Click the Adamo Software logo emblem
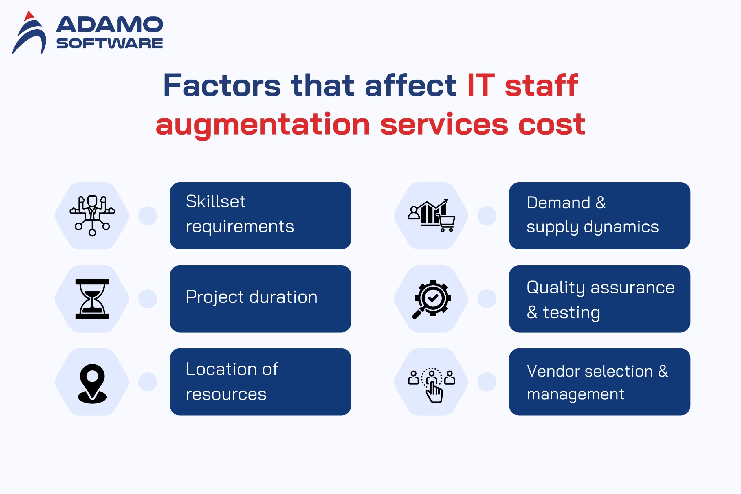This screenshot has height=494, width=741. coord(29,33)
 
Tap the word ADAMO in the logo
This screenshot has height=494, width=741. coord(109,25)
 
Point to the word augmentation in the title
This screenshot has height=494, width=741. coord(263,125)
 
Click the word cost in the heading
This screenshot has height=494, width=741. coord(552,125)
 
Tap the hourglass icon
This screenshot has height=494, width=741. coord(92,299)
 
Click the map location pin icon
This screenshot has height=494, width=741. coord(92,383)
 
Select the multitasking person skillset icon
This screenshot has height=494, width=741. coord(92,216)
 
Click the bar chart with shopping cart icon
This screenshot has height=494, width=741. coord(432,215)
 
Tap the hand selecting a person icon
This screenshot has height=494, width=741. coord(432,385)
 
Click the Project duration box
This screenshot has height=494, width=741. coord(261,299)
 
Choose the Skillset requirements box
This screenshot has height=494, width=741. coord(261,216)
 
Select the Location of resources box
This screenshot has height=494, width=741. coord(261,382)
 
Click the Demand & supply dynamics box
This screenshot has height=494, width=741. coord(600,216)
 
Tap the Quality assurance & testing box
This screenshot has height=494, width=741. coord(600,299)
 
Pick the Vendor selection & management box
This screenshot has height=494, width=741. coord(600,382)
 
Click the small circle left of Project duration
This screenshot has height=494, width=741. coord(148,299)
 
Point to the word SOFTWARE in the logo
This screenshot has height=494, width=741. coord(110,43)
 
